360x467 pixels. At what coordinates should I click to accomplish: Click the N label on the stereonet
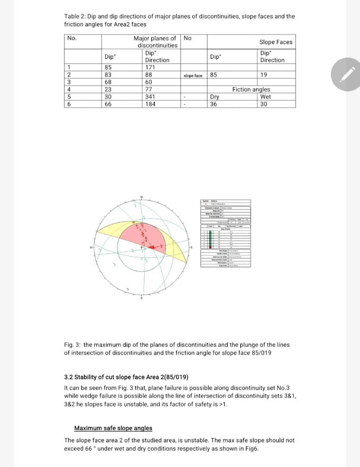pos(141,197)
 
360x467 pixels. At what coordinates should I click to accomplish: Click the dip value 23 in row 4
pos(108,90)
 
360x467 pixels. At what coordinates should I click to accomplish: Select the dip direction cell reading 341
pos(150,97)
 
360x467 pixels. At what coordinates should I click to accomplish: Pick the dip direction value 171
pos(150,67)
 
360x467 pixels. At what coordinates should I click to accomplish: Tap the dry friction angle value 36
pos(213,104)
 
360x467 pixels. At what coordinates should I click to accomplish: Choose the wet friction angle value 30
pos(264,104)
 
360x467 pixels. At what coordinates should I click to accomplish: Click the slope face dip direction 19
pos(264,75)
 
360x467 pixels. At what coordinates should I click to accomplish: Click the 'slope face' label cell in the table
pos(193,76)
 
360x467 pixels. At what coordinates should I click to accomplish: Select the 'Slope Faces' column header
pos(276,42)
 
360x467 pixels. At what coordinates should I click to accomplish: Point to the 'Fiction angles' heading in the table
pos(251,90)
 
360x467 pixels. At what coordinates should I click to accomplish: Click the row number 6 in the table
pos(69,104)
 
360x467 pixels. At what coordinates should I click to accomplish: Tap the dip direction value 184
pos(150,104)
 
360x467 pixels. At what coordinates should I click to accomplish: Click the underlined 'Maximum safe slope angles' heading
pos(113,428)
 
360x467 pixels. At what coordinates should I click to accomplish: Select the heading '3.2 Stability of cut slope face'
pos(117,376)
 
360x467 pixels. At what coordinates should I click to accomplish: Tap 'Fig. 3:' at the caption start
pos(72,345)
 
